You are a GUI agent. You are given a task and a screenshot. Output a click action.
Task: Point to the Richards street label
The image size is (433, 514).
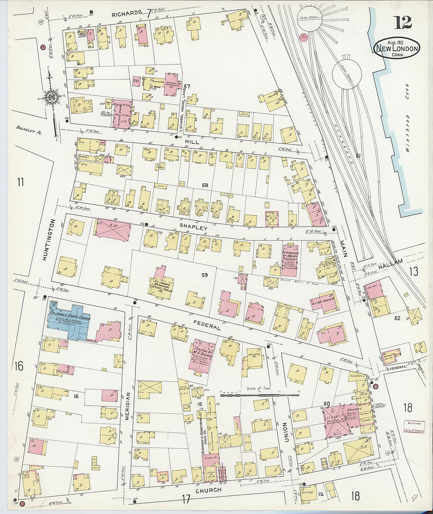126,13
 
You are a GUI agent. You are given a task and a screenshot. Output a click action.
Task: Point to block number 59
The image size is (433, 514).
204,275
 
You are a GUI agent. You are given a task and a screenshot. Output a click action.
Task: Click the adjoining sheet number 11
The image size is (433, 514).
20,182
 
